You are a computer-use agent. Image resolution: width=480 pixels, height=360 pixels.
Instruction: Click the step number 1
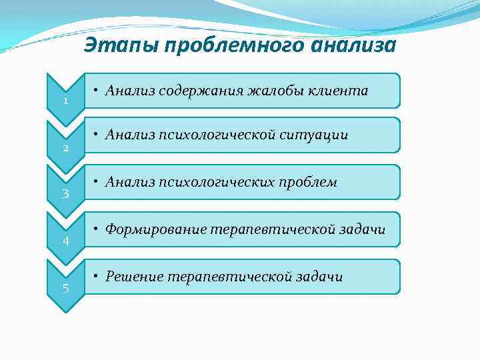[65, 101]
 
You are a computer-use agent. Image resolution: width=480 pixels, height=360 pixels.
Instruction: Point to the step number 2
[65, 148]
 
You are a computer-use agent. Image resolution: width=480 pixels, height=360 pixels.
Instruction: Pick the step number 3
[65, 195]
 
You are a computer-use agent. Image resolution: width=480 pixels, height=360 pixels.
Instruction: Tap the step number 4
[65, 241]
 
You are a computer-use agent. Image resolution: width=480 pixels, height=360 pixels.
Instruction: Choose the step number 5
[65, 288]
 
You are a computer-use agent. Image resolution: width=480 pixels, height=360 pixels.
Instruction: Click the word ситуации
[313, 135]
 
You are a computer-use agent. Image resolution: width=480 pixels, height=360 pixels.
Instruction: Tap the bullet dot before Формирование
[97, 229]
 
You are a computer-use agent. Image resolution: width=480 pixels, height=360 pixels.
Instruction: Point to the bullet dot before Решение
[97, 276]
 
